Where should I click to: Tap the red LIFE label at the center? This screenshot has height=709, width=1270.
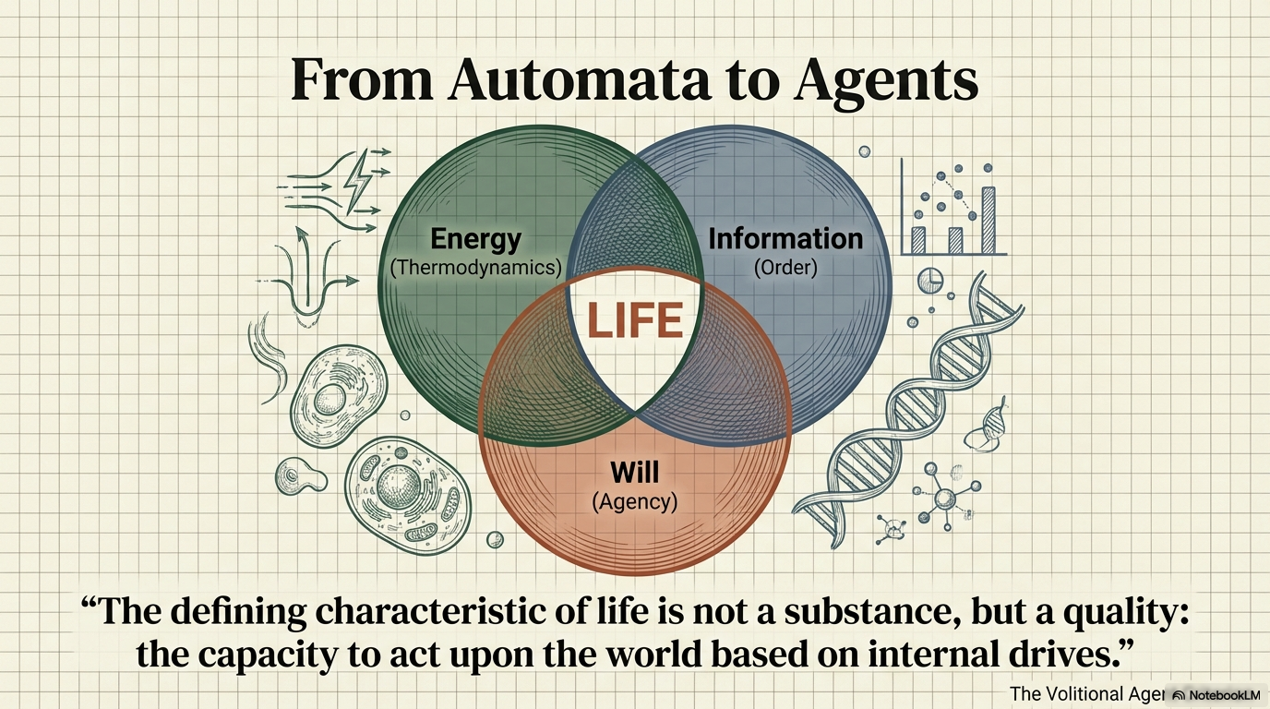coord(635,320)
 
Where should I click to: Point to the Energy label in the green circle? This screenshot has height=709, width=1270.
coord(475,239)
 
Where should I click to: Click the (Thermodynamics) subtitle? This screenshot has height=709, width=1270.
coord(475,268)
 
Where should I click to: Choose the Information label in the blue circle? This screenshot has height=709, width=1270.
coord(785,239)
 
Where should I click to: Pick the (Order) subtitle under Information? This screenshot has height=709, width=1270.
coord(785,268)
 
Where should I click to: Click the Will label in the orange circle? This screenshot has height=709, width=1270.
coord(635,474)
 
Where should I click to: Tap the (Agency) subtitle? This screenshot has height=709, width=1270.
coord(635,502)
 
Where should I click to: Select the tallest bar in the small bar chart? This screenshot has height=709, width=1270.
coord(988,221)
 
